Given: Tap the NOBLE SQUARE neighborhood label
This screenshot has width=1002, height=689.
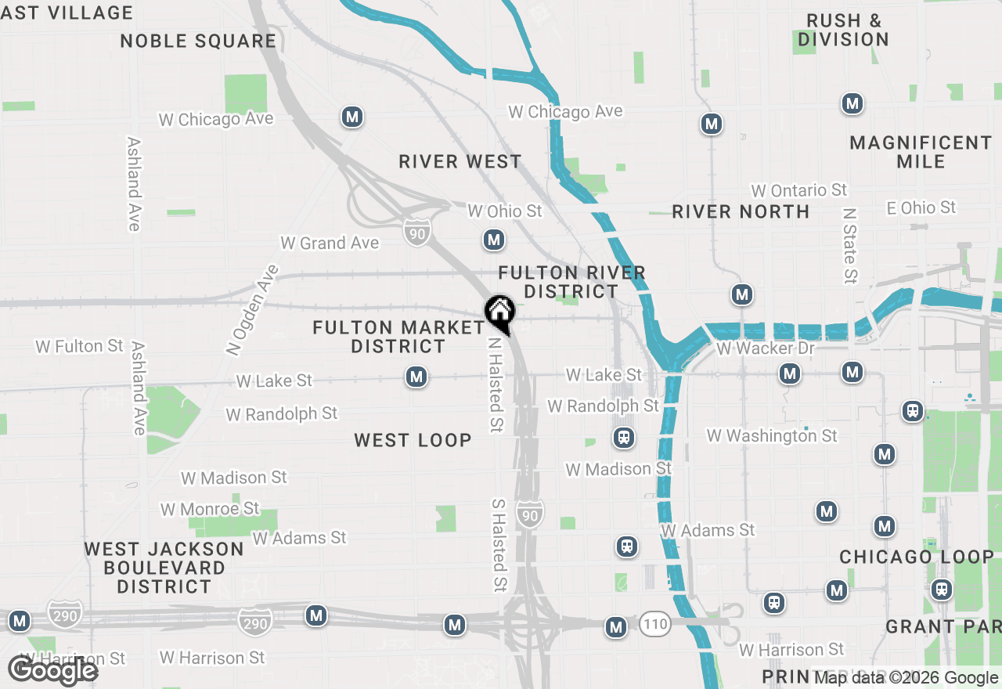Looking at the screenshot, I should [x=198, y=41].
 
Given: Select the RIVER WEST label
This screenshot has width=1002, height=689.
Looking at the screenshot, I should [x=460, y=162].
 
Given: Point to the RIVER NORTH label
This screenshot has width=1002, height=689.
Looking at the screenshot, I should [x=741, y=211].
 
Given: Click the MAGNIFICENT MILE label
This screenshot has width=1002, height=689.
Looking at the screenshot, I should [x=921, y=152].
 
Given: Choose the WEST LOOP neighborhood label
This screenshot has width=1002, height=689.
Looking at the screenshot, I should [x=413, y=440].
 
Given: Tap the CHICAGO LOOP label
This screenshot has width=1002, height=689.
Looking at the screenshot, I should [x=917, y=557].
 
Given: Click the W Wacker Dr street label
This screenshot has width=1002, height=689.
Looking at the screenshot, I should [x=765, y=348].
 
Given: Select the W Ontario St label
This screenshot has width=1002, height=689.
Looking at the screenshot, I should [x=798, y=190].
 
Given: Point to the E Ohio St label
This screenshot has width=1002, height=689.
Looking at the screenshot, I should [x=921, y=207].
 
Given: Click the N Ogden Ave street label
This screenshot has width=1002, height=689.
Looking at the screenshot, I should [x=252, y=311].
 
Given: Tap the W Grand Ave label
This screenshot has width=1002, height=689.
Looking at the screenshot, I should [x=330, y=243].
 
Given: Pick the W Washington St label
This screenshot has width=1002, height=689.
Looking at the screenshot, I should [x=771, y=435].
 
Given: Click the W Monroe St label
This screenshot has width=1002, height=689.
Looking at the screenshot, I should [x=209, y=509].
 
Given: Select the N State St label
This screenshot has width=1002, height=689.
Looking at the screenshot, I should [x=850, y=245].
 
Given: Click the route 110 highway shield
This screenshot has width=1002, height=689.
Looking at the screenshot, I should [x=655, y=624].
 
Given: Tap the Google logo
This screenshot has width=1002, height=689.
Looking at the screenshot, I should [x=52, y=671].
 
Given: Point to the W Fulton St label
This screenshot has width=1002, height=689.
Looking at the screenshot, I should [x=79, y=346].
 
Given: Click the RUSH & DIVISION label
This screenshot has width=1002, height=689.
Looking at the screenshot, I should [x=843, y=30].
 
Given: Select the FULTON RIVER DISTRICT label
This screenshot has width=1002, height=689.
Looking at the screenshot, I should [x=572, y=282].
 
